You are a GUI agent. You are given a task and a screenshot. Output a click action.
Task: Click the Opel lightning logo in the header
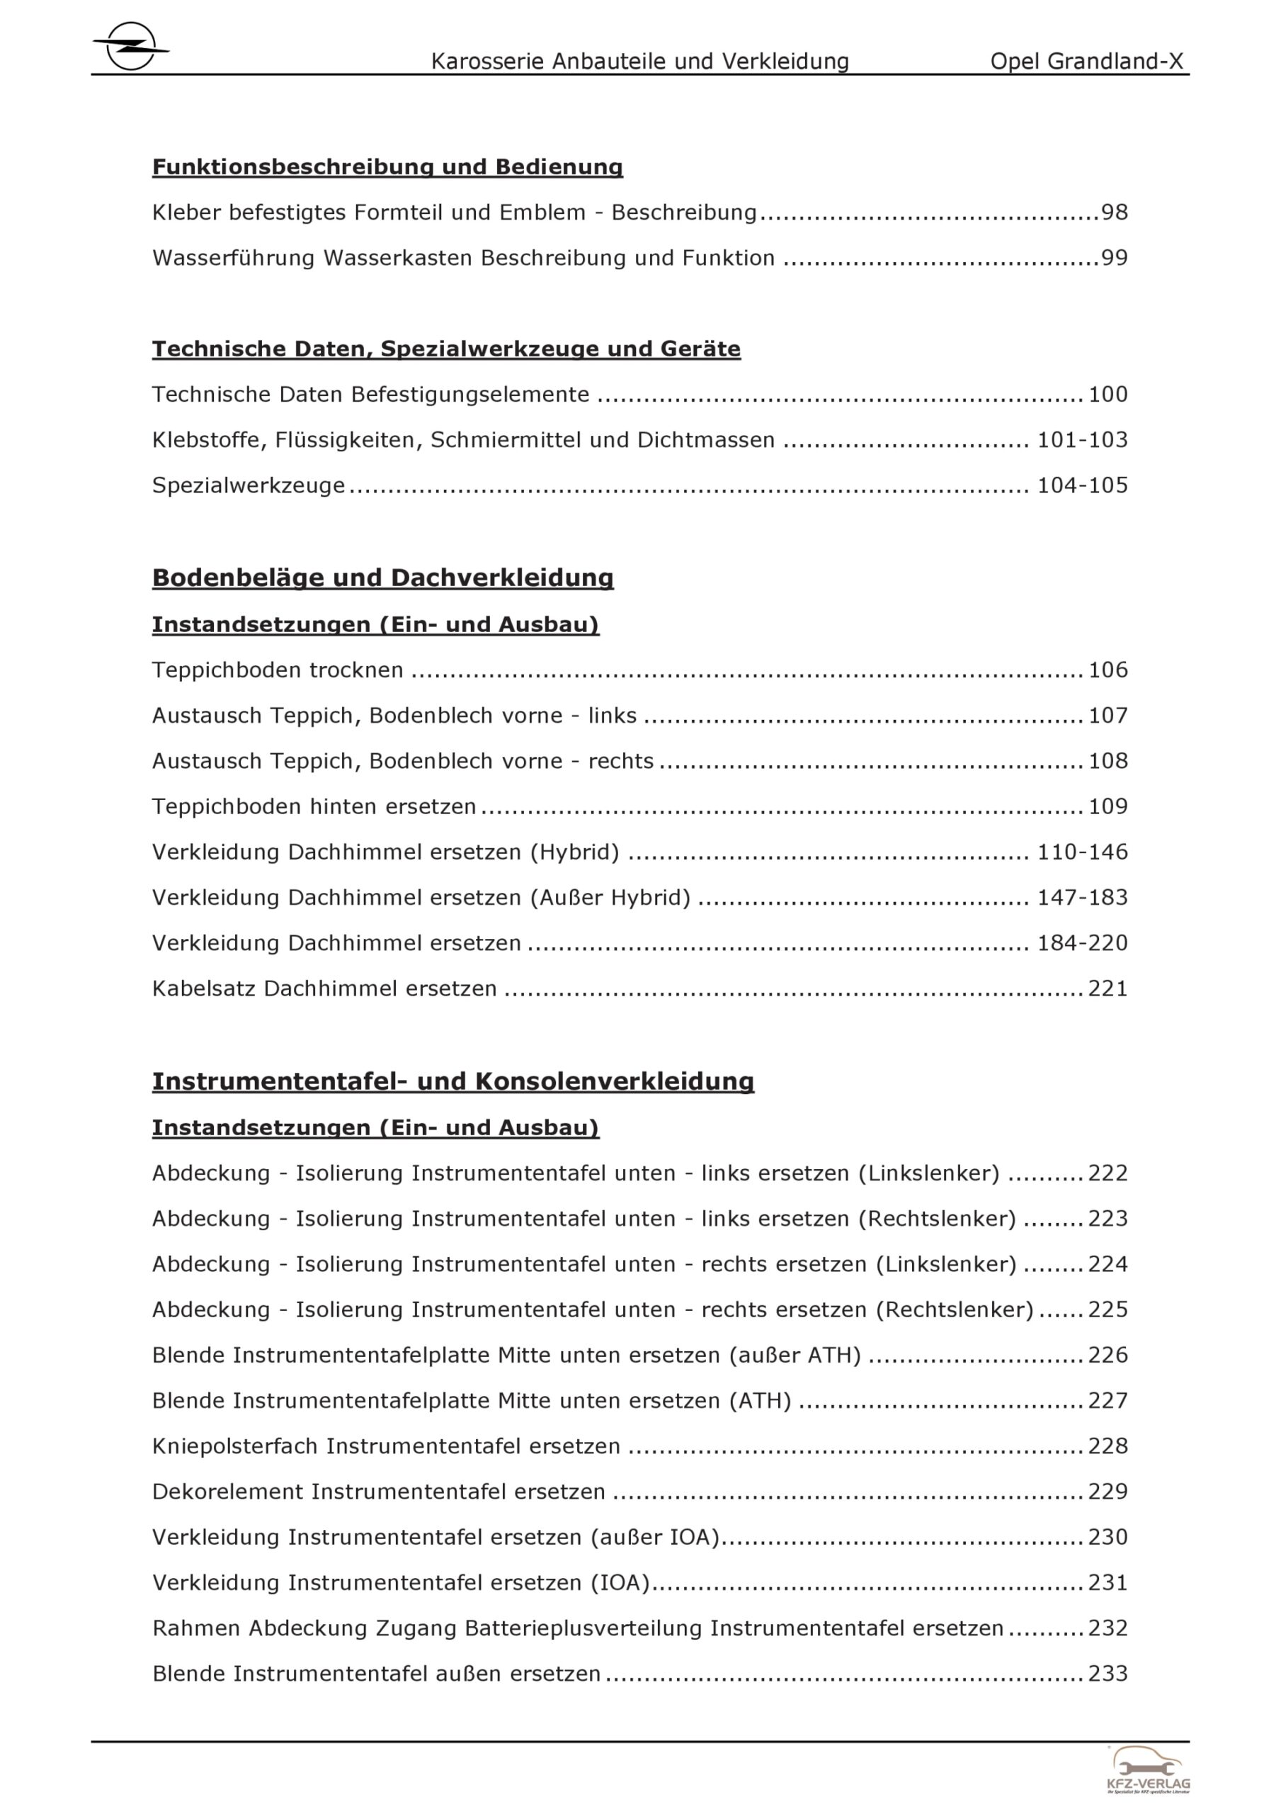tap(130, 47)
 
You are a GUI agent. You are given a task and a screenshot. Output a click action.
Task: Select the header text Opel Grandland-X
tap(1087, 62)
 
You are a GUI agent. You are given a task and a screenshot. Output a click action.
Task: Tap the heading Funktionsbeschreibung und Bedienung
tap(387, 167)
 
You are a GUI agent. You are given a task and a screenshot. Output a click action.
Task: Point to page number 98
tap(1115, 213)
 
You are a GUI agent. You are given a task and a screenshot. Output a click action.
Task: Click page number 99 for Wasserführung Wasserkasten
tap(1115, 259)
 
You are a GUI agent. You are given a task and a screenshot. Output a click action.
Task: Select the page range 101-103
tap(1082, 440)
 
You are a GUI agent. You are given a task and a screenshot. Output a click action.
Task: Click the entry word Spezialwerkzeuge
tap(249, 485)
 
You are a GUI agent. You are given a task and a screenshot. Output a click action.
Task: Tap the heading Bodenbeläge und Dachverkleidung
tap(382, 578)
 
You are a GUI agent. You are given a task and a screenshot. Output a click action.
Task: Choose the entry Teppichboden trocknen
tap(277, 670)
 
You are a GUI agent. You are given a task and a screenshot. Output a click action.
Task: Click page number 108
tap(1108, 761)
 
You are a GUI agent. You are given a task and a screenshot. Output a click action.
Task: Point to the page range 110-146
tap(1082, 852)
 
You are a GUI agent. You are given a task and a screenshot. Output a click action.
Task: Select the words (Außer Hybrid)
tap(610, 898)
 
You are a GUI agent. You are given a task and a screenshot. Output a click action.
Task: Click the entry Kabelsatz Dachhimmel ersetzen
tap(324, 988)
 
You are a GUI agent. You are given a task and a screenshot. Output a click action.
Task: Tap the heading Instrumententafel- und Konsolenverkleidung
tap(452, 1081)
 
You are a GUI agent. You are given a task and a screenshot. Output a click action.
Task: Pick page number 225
tap(1108, 1309)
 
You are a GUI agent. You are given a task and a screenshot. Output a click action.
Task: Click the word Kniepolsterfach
tap(234, 1446)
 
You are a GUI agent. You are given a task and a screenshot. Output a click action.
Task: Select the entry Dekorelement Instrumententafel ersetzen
tap(378, 1492)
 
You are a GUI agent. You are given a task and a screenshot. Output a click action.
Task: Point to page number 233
tap(1108, 1674)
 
